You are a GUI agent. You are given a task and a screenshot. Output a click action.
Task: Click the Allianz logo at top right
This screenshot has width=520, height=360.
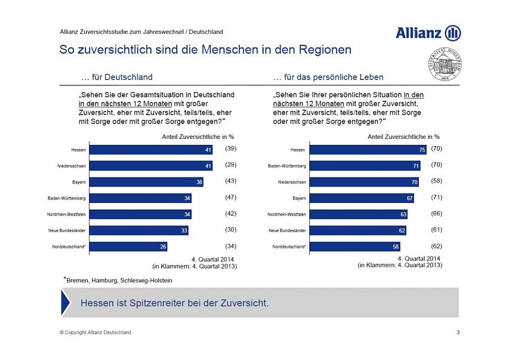[428, 33]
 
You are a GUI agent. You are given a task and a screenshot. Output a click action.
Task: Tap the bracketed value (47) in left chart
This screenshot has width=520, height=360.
[230, 197]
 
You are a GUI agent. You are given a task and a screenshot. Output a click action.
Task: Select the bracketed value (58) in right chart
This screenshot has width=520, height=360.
[436, 181]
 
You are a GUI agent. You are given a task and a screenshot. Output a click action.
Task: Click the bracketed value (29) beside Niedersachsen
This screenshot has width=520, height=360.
[230, 164]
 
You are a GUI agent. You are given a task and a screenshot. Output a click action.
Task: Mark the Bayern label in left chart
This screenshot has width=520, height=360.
[78, 182]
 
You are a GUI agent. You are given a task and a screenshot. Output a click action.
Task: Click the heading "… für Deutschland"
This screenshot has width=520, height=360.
[116, 78]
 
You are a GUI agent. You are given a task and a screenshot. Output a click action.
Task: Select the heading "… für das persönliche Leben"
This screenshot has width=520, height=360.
[328, 78]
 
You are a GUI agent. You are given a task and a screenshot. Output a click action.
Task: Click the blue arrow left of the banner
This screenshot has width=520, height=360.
[65, 302]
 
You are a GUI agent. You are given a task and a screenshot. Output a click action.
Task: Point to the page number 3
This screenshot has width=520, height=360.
[458, 332]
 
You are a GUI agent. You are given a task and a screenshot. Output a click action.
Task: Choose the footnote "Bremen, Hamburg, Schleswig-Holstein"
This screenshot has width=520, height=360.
[119, 280]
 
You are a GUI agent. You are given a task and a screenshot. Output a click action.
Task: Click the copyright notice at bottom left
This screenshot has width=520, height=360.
[95, 332]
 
